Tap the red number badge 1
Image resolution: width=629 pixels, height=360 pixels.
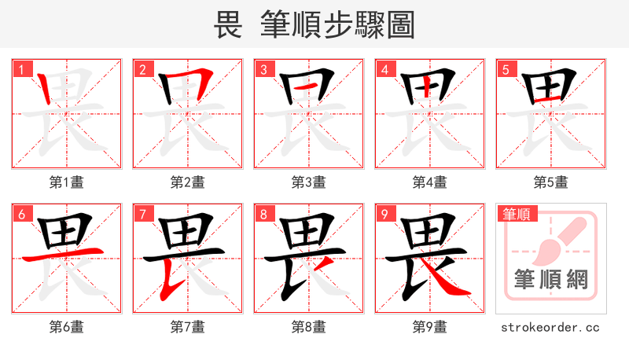point(20,69)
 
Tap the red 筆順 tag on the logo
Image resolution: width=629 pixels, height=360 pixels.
point(517,213)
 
